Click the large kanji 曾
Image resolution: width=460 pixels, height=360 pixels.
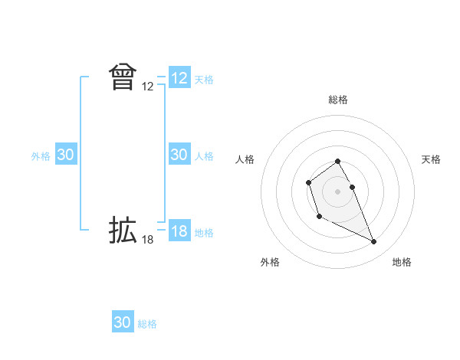[x=123, y=77]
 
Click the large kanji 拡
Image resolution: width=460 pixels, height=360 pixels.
[x=123, y=231]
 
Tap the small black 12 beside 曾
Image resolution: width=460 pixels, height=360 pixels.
[x=148, y=87]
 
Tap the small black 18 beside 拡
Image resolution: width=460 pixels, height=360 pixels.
[x=148, y=241]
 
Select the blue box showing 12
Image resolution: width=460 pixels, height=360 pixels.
[x=179, y=78]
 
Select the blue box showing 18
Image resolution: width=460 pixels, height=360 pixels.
[x=179, y=231]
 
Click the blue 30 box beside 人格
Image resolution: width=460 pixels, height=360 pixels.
[x=179, y=155]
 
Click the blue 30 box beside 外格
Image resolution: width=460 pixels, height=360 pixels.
[x=66, y=155]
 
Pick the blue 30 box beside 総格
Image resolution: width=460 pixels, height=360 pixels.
[x=123, y=322]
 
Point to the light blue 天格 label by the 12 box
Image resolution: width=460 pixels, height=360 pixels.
[x=204, y=80]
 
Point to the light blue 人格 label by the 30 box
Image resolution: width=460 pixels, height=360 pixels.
[x=204, y=156]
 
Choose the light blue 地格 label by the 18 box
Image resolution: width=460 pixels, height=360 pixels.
[x=204, y=233]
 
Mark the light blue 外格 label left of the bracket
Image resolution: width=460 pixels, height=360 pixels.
[x=41, y=156]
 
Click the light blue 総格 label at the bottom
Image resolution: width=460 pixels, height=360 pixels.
[x=147, y=324]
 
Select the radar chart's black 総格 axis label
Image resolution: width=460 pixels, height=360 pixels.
[x=338, y=100]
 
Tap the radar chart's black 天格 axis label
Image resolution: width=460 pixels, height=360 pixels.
[x=432, y=159]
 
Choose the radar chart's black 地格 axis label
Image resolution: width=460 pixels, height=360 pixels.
[x=402, y=262]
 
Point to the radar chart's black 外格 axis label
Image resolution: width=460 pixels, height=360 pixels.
[x=270, y=262]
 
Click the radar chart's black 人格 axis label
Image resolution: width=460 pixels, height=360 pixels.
[x=245, y=159]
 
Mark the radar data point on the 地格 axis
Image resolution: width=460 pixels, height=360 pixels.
[x=374, y=242]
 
